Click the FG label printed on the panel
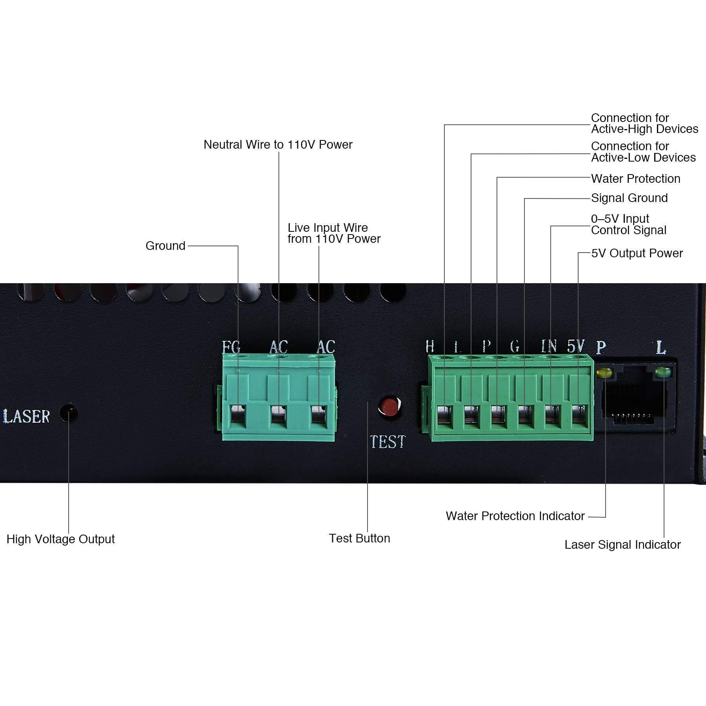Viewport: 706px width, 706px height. click(x=231, y=347)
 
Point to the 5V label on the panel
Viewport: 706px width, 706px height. click(x=576, y=346)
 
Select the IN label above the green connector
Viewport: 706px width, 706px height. click(x=549, y=346)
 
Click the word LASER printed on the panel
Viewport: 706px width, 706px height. click(x=27, y=417)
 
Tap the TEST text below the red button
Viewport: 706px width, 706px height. click(x=388, y=442)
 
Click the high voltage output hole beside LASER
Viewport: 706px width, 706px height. click(x=69, y=413)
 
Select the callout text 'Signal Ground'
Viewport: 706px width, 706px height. click(x=629, y=198)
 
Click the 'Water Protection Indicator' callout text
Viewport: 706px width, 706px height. click(x=515, y=516)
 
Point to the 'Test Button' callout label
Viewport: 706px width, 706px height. click(x=359, y=538)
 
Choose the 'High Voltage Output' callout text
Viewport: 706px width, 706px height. click(x=61, y=539)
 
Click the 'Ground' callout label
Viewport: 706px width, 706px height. click(x=165, y=246)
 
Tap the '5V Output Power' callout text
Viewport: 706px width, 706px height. click(x=637, y=253)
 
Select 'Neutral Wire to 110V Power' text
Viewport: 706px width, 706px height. click(x=278, y=145)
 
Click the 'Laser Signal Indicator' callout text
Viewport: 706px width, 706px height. click(x=622, y=545)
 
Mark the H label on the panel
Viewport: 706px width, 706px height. click(x=430, y=346)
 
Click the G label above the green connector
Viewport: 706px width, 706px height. click(x=515, y=346)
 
